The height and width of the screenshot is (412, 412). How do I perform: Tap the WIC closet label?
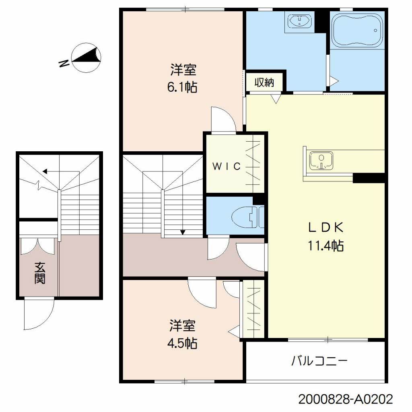click(x=227, y=166)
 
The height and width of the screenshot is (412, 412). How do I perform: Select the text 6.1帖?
click(x=183, y=87)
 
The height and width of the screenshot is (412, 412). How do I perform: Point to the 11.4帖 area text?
click(x=325, y=245)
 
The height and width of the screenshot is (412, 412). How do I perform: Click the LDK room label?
click(x=325, y=228)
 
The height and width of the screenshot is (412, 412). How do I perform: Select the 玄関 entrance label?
click(x=39, y=273)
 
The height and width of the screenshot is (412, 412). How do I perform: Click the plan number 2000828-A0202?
click(x=345, y=400)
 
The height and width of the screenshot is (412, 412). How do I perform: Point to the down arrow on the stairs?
click(x=183, y=232)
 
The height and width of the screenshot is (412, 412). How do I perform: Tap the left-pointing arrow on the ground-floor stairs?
click(x=45, y=171)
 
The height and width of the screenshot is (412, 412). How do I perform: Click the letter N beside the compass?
click(x=63, y=64)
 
